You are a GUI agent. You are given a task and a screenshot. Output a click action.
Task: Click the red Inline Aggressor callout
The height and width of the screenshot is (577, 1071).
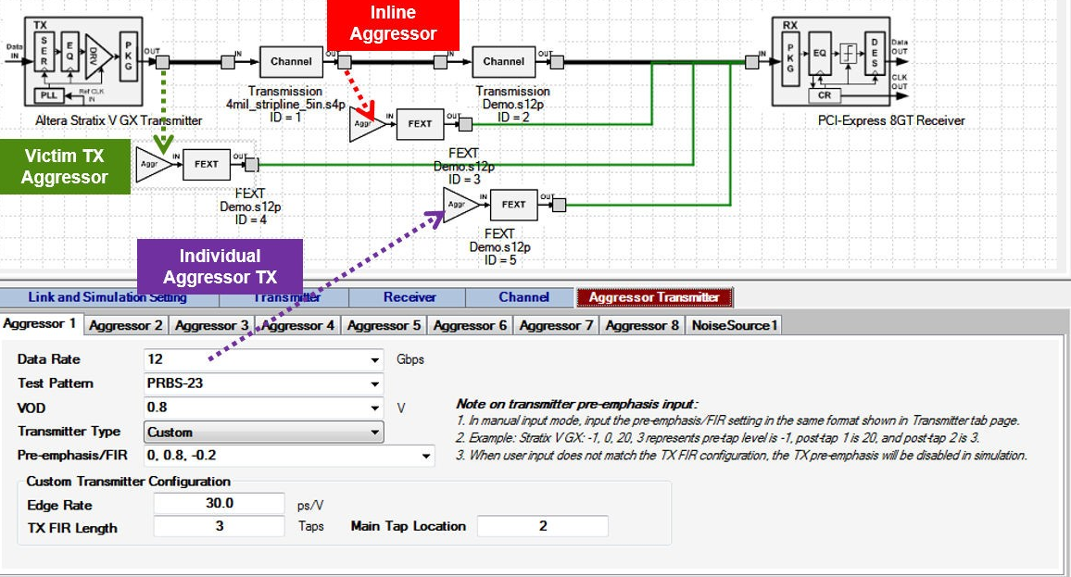[x=393, y=24]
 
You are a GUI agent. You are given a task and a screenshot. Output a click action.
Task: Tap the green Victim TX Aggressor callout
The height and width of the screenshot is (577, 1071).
[x=66, y=167]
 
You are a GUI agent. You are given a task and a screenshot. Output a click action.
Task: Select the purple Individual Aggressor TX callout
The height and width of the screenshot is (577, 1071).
[x=220, y=267]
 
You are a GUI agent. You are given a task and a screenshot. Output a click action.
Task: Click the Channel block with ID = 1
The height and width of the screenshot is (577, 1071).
[x=291, y=62]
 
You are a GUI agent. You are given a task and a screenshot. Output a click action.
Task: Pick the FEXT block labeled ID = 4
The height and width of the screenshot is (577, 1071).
[x=206, y=164]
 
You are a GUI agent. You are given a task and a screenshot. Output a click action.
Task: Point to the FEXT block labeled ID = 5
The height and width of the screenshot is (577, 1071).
[x=513, y=205]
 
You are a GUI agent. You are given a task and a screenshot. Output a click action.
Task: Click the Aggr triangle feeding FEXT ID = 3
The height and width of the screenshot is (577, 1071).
[x=367, y=123]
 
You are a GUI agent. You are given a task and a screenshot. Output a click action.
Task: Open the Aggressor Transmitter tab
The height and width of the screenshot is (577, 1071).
[x=654, y=297]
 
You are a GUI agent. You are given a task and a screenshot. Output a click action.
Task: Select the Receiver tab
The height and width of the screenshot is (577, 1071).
[x=409, y=297]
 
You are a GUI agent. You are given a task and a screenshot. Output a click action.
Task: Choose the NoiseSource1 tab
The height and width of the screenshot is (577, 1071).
[x=736, y=325]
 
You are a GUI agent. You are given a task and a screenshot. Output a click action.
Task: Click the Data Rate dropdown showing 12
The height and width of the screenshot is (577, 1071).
[x=263, y=359]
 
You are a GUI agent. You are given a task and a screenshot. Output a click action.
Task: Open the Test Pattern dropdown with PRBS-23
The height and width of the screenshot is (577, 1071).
[x=263, y=383]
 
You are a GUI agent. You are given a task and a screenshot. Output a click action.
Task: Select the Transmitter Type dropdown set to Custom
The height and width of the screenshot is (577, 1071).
[x=263, y=432]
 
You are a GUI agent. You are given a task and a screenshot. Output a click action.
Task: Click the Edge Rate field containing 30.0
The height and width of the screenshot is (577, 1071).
[x=219, y=504]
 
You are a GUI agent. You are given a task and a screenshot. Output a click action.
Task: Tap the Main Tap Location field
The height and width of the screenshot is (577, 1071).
[x=543, y=526]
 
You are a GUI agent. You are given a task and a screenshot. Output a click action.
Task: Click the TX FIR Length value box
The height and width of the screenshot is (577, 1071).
[x=219, y=526]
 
